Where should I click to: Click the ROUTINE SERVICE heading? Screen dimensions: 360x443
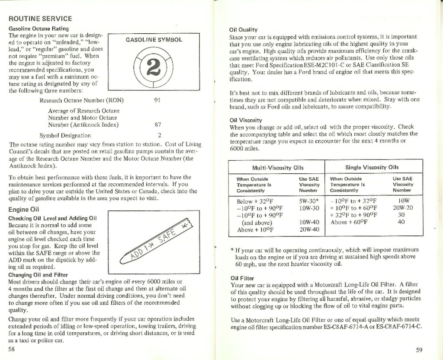point(40,19)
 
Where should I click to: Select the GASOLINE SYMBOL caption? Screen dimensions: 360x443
point(154,40)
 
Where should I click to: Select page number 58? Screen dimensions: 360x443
point(12,350)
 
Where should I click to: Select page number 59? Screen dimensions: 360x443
point(419,350)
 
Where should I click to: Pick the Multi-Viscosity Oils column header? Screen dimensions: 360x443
point(278,168)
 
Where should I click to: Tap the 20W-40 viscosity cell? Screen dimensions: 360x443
point(309,229)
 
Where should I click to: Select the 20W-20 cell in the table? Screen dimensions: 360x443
point(401,208)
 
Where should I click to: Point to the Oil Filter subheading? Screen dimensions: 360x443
point(242,278)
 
